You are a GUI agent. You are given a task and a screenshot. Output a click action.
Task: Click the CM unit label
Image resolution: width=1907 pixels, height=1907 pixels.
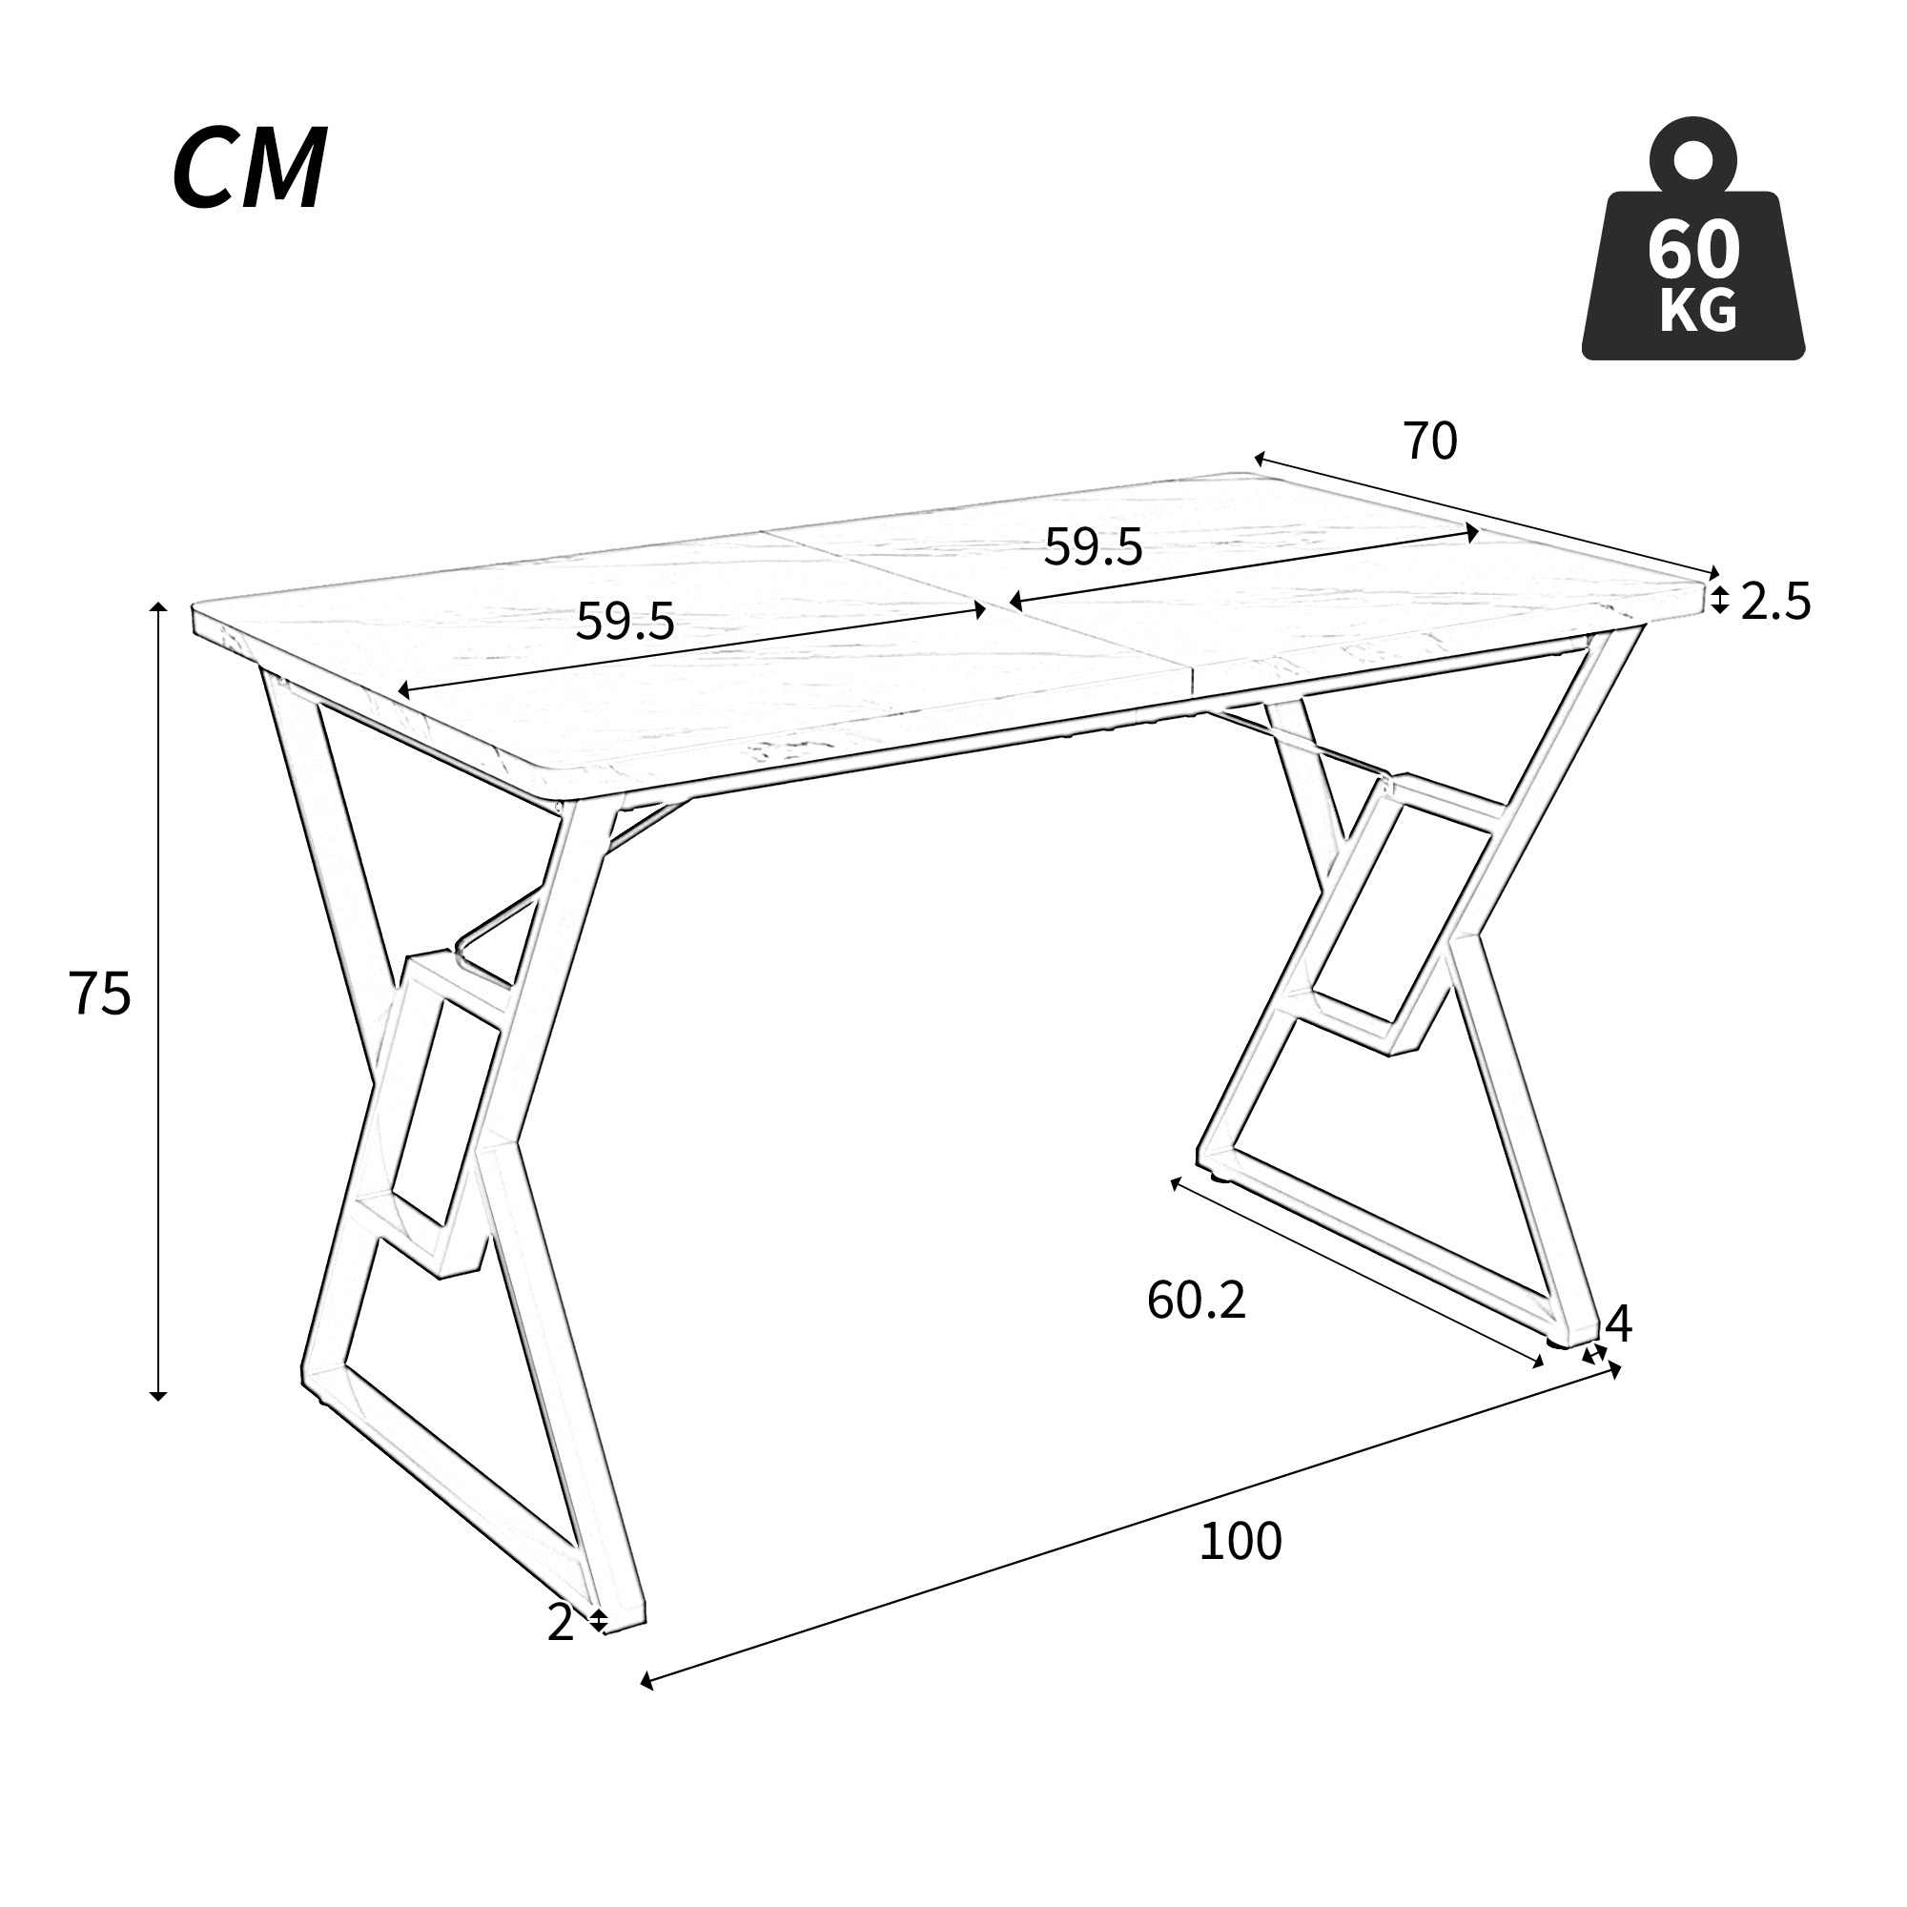point(249,169)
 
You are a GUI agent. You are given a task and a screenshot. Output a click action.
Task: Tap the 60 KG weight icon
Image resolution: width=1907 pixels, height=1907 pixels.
point(1692,237)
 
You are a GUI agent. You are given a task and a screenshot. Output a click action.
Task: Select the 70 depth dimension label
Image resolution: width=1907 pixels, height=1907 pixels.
point(1430,441)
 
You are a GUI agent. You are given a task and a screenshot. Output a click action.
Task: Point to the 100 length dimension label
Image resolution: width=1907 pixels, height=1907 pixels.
point(1240,1542)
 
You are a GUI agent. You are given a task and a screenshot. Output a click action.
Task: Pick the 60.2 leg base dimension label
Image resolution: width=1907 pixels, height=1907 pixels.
point(1197,1300)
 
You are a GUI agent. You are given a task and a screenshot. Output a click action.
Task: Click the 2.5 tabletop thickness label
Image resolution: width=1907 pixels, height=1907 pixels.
point(1775,602)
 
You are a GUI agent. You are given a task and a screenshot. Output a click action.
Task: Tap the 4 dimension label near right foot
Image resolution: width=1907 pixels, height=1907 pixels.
point(1619,1324)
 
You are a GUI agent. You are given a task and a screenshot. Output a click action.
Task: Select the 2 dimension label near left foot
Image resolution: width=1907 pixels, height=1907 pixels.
point(560,1624)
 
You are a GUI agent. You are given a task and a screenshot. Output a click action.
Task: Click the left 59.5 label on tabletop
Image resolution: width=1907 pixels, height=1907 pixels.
point(625,621)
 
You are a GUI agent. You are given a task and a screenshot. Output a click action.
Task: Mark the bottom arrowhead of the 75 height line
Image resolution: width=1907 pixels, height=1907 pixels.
point(158,1396)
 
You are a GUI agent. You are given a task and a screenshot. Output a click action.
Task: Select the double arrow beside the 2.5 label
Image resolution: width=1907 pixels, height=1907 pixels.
point(1719,599)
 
